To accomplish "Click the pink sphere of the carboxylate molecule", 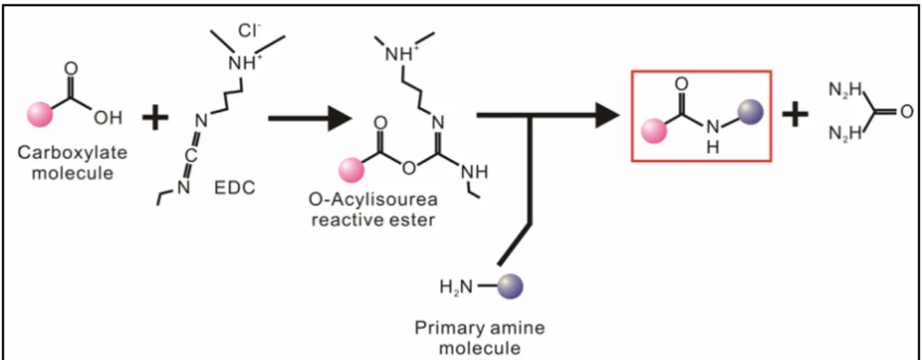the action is [x=40, y=114].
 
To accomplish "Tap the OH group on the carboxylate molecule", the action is [x=108, y=118].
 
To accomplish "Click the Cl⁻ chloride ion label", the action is [x=248, y=30].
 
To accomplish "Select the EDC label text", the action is [x=234, y=187].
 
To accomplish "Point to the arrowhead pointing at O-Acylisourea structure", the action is [x=340, y=118].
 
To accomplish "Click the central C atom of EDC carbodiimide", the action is [x=190, y=155].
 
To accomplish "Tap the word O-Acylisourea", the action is [x=373, y=200].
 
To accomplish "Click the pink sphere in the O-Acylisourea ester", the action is [x=351, y=170].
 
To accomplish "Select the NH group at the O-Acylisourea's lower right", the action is [x=474, y=172].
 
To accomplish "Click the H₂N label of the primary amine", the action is [x=456, y=287].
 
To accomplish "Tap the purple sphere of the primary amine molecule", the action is [x=510, y=286].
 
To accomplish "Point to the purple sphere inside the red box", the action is [x=751, y=112].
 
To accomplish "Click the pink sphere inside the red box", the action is [x=654, y=131].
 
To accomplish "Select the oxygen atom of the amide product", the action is [x=682, y=84].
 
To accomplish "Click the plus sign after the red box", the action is [x=795, y=113].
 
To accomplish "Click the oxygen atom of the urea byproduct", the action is [x=907, y=112].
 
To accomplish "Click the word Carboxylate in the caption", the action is [x=73, y=152].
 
